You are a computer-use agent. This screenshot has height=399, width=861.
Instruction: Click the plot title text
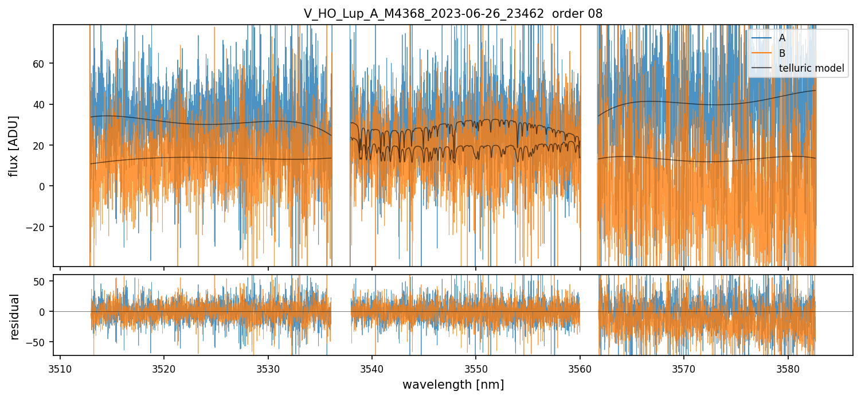[x=453, y=14]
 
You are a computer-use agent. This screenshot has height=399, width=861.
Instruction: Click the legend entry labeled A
[x=782, y=38]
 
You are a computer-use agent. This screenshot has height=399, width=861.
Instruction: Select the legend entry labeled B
[x=782, y=53]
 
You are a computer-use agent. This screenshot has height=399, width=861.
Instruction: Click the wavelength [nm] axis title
[x=453, y=384]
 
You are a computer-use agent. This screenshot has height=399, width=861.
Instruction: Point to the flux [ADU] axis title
[x=14, y=146]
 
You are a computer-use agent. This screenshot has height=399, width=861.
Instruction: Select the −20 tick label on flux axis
[x=38, y=227]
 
